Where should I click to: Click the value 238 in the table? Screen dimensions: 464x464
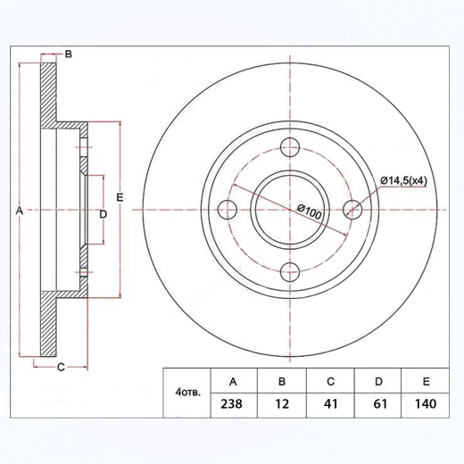point(233,402)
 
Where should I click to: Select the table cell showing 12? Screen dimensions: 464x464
point(281,402)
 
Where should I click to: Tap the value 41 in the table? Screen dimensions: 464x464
point(329,402)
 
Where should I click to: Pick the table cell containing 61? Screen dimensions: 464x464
point(377,402)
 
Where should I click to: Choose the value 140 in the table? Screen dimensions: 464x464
point(426,402)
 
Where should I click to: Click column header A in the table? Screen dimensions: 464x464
point(233,381)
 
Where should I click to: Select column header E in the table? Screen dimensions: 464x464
point(426,381)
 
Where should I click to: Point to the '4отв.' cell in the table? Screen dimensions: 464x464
point(188,392)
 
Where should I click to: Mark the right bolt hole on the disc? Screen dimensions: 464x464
point(352,210)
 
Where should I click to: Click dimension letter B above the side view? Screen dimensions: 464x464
point(68,54)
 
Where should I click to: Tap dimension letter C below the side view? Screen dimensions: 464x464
point(61,367)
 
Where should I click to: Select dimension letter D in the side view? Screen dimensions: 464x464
point(103,215)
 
